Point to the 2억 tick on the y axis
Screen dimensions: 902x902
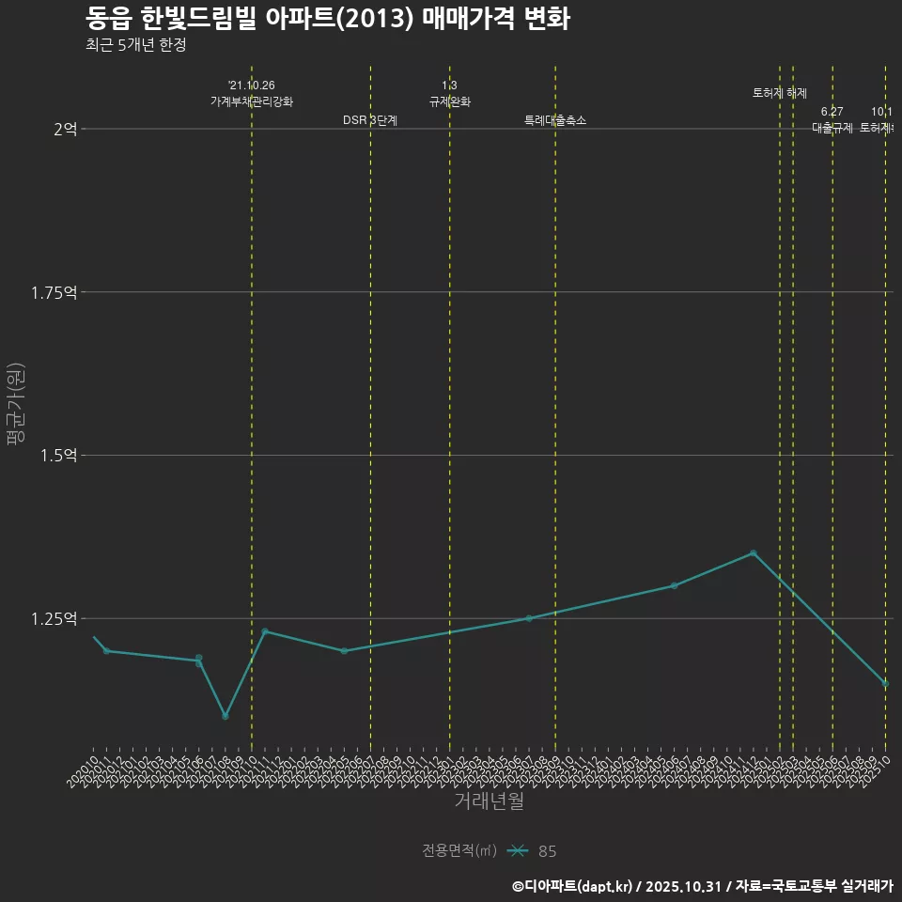[65, 129]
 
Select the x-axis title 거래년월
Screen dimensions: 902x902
[489, 801]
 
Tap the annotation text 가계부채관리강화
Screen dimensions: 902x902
[252, 101]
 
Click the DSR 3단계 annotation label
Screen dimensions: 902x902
[370, 120]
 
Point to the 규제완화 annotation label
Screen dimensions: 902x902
[449, 101]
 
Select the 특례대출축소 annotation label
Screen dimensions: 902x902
[555, 120]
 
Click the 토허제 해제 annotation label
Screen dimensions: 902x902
[780, 93]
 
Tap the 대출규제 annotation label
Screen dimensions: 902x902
[832, 128]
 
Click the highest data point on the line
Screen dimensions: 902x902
[753, 553]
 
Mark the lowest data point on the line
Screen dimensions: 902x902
[225, 716]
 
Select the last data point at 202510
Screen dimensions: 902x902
[885, 683]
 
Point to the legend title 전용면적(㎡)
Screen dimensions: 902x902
[459, 851]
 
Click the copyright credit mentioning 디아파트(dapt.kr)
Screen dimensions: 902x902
[702, 886]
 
